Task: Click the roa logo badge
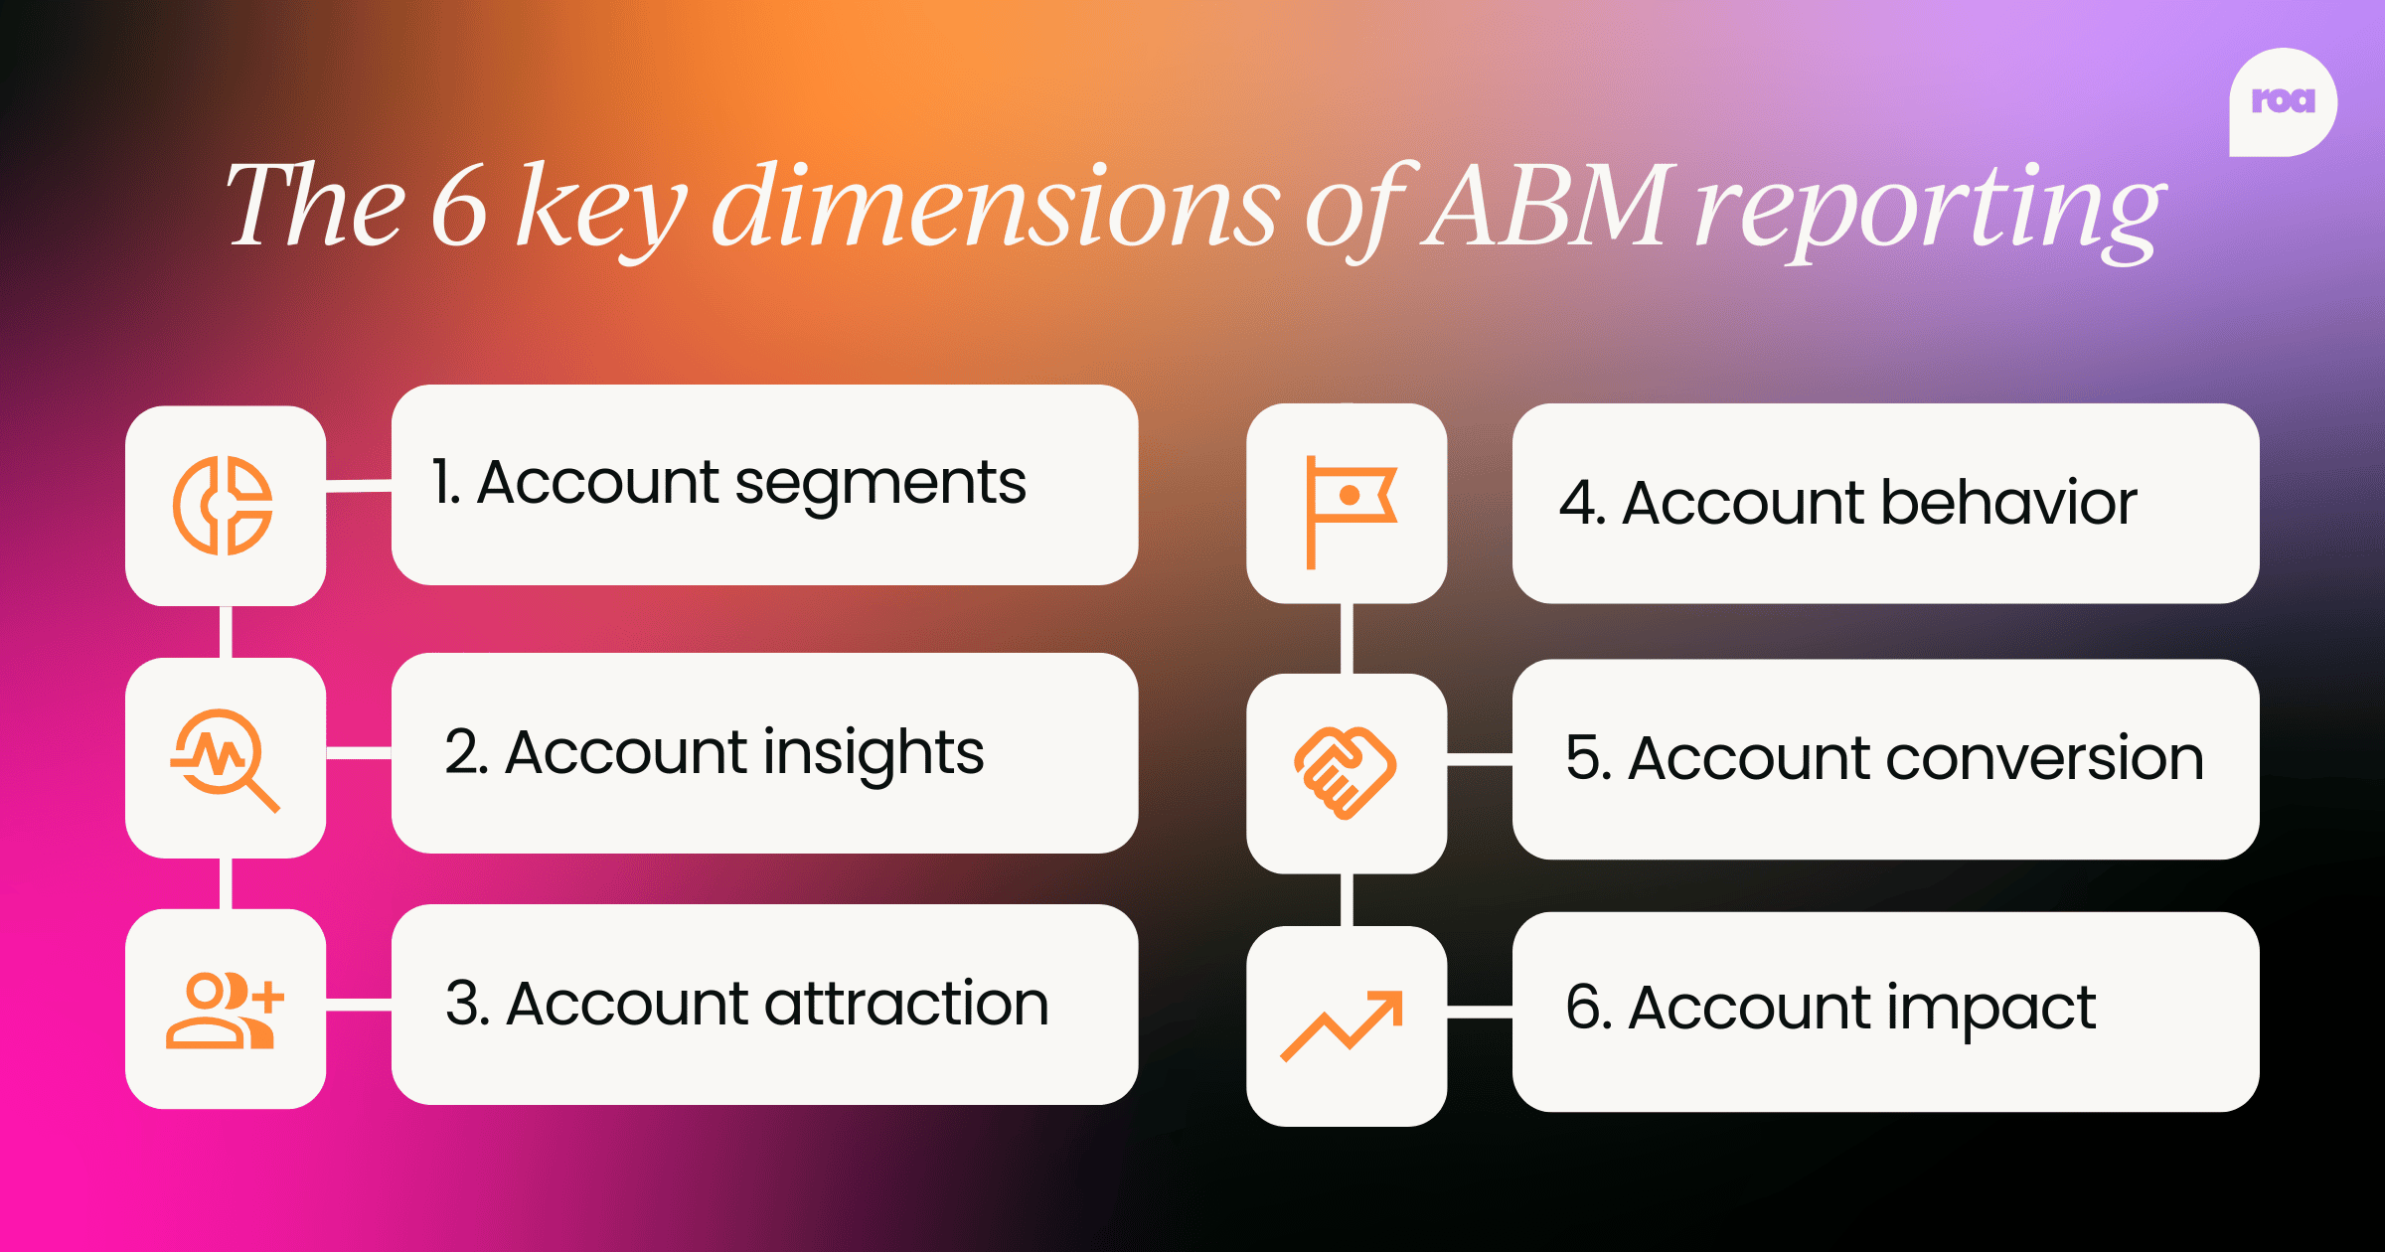2283,102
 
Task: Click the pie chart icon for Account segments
224,506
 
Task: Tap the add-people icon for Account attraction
225,1011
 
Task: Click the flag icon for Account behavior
1348,507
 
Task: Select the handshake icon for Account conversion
1346,773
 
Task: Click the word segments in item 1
879,485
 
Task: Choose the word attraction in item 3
906,1004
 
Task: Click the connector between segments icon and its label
359,486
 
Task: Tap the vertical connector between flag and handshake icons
1347,638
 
